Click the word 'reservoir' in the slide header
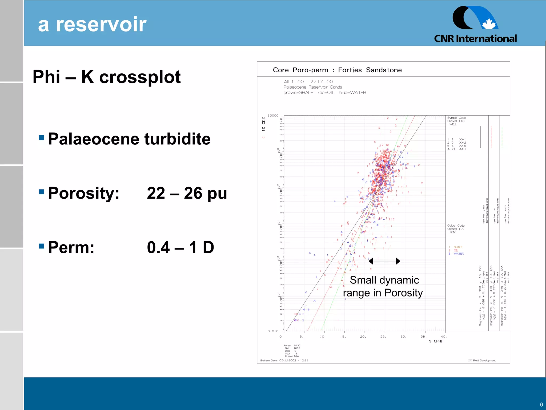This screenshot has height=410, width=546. (101, 25)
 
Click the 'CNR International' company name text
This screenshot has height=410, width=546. (475, 39)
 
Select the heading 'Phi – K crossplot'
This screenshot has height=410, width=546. (107, 77)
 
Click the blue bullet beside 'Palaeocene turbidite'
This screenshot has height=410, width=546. (41, 137)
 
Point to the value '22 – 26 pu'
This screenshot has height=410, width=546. (187, 193)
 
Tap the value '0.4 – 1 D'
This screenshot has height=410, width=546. (180, 247)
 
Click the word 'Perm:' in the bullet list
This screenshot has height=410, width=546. (71, 247)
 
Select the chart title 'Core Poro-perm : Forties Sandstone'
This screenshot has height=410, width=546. (337, 70)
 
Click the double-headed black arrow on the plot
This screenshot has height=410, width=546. (384, 261)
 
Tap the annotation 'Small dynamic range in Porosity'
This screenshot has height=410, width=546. (383, 286)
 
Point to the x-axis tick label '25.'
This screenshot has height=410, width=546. (383, 337)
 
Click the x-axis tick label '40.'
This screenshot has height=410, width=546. (444, 337)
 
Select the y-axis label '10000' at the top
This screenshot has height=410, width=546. (273, 116)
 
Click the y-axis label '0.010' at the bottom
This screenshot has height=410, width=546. (273, 331)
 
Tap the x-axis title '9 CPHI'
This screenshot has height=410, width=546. (435, 341)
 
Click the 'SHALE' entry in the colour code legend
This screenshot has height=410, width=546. (458, 247)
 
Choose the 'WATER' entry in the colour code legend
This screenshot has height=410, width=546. (459, 254)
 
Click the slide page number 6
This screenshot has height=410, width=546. (541, 404)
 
